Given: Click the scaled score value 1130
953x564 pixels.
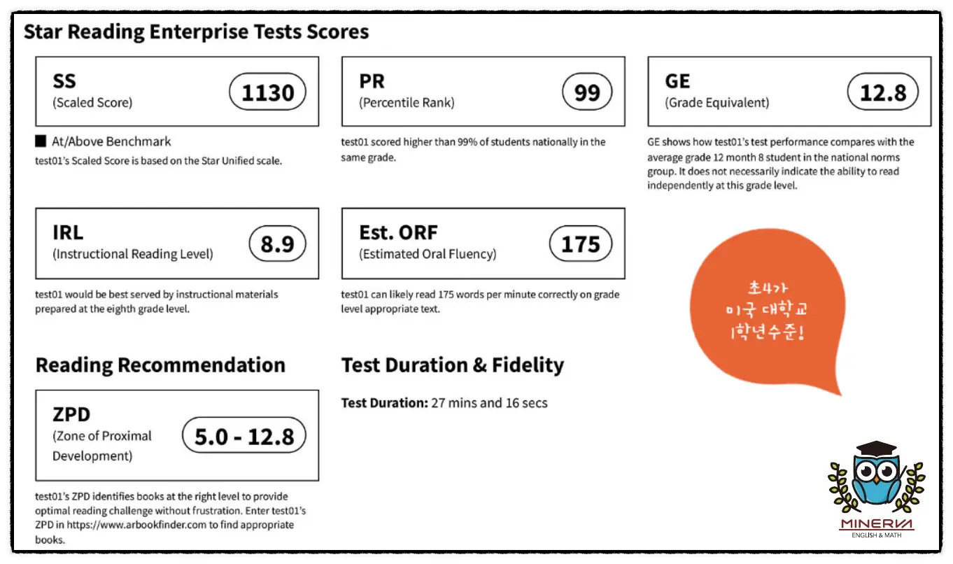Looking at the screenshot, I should click(267, 92).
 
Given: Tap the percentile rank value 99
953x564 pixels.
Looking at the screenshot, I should click(586, 92).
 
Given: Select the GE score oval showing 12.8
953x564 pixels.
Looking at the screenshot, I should click(882, 92).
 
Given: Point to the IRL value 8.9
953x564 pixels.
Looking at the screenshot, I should click(276, 244).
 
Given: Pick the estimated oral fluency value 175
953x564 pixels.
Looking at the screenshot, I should click(581, 244).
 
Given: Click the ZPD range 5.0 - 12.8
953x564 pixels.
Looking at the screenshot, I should click(244, 435).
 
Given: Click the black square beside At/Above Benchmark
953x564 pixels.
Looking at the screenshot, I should click(41, 141).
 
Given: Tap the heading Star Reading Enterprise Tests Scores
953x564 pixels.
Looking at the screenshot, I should click(196, 31).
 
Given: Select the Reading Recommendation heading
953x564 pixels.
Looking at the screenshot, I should click(160, 365).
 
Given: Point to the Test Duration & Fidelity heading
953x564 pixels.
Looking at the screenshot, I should click(452, 365).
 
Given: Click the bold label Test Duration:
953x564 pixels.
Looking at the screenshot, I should click(383, 402).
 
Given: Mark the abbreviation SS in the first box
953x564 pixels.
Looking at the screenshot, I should click(64, 81).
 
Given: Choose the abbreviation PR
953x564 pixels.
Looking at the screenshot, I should click(372, 81).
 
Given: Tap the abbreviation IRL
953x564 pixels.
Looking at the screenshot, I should click(68, 232).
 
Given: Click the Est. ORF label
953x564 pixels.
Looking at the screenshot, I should click(398, 232).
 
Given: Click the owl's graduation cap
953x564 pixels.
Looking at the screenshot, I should click(876, 449).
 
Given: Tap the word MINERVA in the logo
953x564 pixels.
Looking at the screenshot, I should click(876, 523).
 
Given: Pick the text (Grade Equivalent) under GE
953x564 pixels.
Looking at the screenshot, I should click(716, 103).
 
